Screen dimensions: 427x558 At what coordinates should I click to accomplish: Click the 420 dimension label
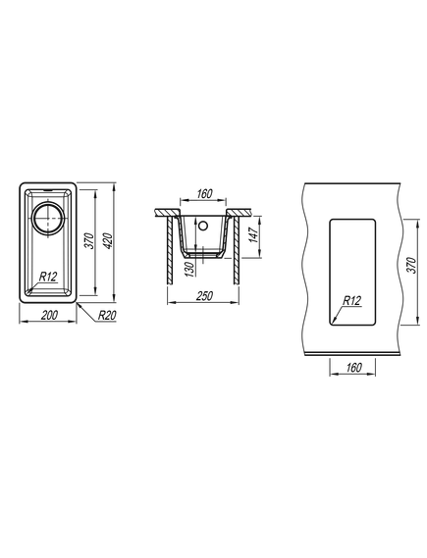pyautogui.click(x=109, y=241)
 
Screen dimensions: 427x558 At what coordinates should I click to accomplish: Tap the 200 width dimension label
pyautogui.click(x=49, y=316)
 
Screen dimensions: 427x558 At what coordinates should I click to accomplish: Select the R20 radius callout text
pyautogui.click(x=107, y=316)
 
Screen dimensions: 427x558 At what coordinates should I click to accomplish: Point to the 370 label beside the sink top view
pyautogui.click(x=89, y=241)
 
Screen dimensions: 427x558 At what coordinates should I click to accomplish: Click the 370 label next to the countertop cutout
pyautogui.click(x=411, y=265)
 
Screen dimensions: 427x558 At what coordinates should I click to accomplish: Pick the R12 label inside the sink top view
pyautogui.click(x=48, y=277)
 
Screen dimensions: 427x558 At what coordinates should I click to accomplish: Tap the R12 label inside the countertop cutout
pyautogui.click(x=351, y=301)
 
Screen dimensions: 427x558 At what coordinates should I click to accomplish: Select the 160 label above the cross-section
pyautogui.click(x=204, y=194)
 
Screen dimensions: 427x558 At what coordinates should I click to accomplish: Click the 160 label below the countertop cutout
pyautogui.click(x=353, y=367)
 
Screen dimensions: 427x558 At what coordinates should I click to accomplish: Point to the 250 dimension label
pyautogui.click(x=204, y=296)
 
